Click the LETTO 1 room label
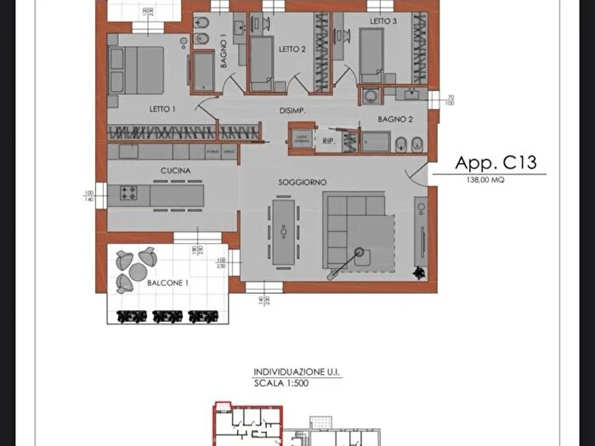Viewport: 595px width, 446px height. pos(162,109)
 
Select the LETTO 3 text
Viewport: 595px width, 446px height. pos(383,21)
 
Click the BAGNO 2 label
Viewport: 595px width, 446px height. pos(395,119)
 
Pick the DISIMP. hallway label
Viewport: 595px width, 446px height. pos(292,111)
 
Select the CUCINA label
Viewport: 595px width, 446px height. pos(175,171)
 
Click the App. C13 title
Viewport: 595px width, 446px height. pos(496,163)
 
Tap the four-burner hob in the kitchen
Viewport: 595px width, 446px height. pos(129,193)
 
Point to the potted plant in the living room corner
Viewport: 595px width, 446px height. pos(417,272)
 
